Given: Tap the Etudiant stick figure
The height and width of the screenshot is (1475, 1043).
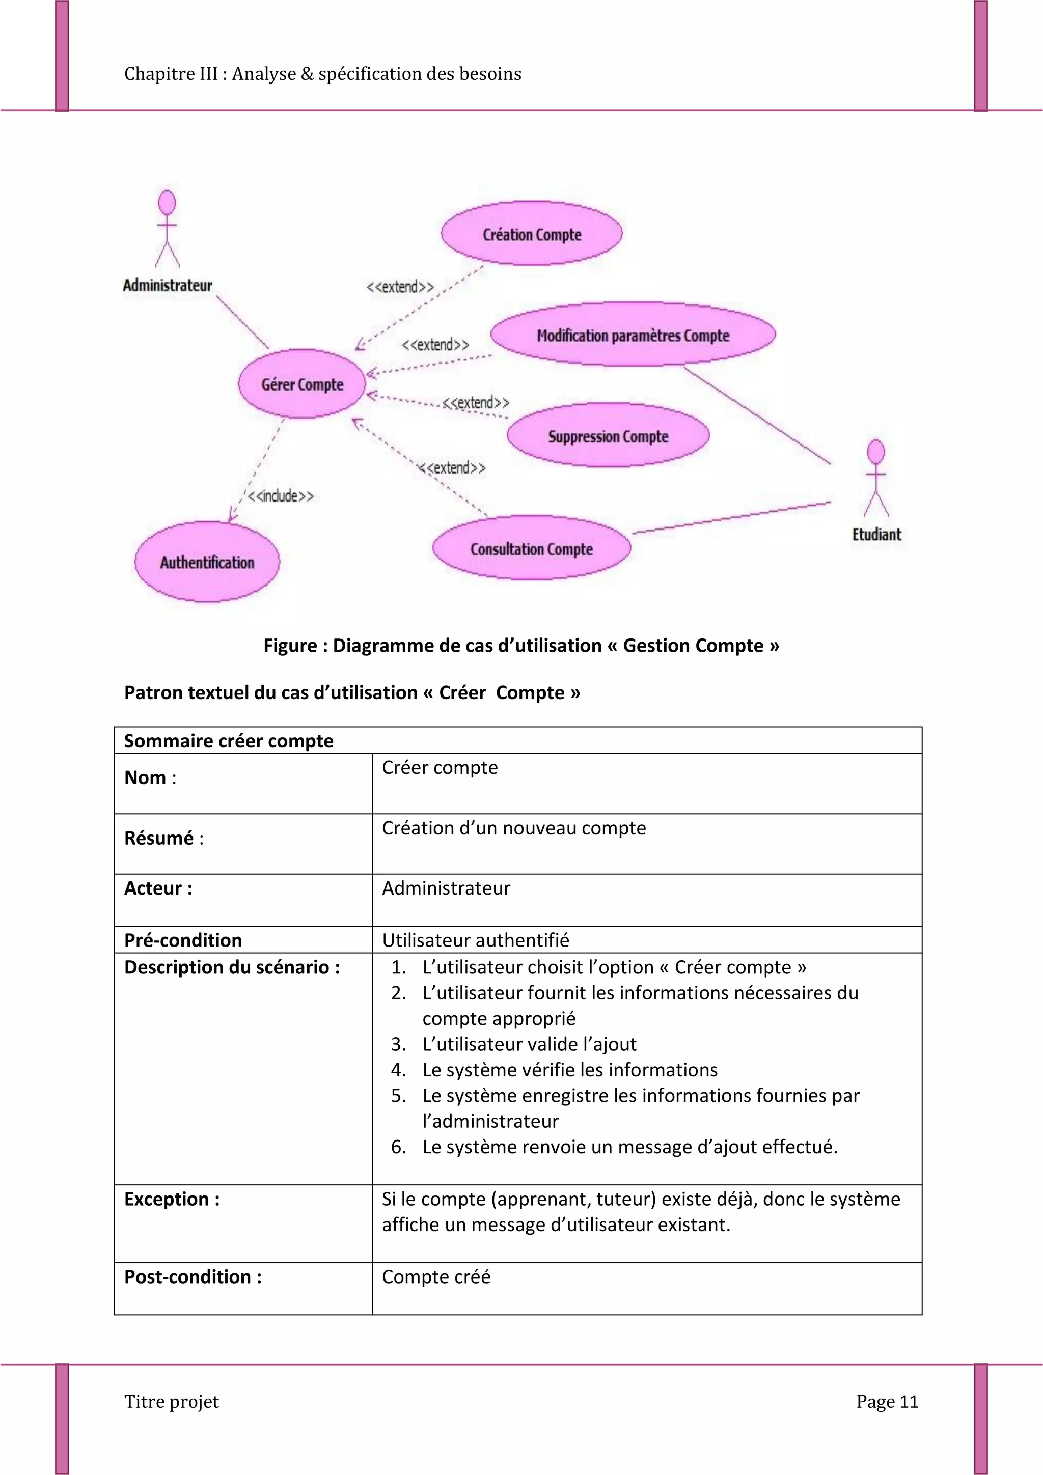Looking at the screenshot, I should pyautogui.click(x=876, y=478).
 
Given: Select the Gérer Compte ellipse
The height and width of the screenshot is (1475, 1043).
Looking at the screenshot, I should pyautogui.click(x=302, y=384).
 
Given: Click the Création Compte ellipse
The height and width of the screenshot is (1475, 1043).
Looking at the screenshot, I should pyautogui.click(x=532, y=234).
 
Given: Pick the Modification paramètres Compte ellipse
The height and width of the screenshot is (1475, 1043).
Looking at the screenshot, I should pyautogui.click(x=633, y=335).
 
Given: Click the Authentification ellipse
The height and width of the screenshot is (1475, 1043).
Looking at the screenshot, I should pyautogui.click(x=207, y=562).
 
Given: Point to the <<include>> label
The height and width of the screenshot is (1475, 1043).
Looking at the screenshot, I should pyautogui.click(x=281, y=496).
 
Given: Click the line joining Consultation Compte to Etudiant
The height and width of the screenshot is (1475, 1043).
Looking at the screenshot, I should pyautogui.click(x=731, y=518).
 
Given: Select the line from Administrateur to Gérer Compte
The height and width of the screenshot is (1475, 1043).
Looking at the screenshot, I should pyautogui.click(x=242, y=322).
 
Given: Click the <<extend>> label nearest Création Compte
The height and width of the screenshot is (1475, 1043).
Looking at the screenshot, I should pyautogui.click(x=400, y=287).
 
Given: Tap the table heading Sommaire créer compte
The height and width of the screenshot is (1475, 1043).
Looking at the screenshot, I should pyautogui.click(x=229, y=741).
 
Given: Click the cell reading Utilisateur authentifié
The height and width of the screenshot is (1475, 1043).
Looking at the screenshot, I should pyautogui.click(x=476, y=940).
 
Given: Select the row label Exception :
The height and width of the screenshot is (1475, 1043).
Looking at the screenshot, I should pyautogui.click(x=172, y=1199).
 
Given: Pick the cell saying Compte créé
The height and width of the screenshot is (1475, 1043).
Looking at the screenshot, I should pyautogui.click(x=436, y=1276).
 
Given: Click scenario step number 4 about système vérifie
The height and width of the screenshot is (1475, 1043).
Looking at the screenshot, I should pyautogui.click(x=569, y=1070).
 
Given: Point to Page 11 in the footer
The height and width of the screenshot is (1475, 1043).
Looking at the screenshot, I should pyautogui.click(x=887, y=1401).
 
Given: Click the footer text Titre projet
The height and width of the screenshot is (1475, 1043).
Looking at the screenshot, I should pyautogui.click(x=172, y=1401).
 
